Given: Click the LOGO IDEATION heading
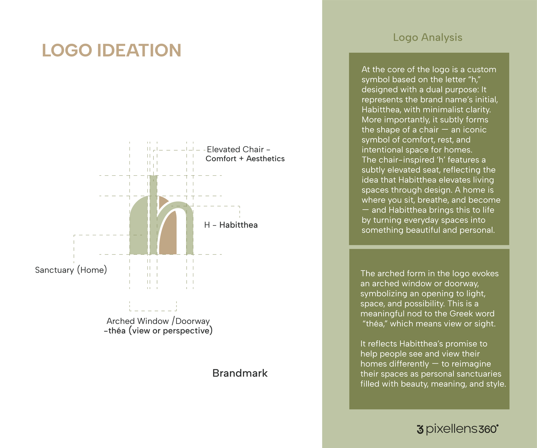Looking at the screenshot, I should [111, 50].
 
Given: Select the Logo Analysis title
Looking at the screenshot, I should [428, 37].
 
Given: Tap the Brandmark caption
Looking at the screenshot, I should [240, 373].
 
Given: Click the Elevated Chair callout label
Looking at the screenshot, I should [238, 149].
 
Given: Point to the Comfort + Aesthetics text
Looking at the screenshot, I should [245, 159].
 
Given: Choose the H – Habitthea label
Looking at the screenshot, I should [231, 225].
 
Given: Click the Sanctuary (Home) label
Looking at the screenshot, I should [71, 270].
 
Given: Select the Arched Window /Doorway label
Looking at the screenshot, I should [158, 321].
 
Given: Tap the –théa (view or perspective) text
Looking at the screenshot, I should [158, 331].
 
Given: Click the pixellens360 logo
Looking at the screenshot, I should [457, 429].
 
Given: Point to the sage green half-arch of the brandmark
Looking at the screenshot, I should [138, 229].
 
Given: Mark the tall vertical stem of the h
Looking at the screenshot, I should [153, 215].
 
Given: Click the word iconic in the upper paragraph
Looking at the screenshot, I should [475, 130].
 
